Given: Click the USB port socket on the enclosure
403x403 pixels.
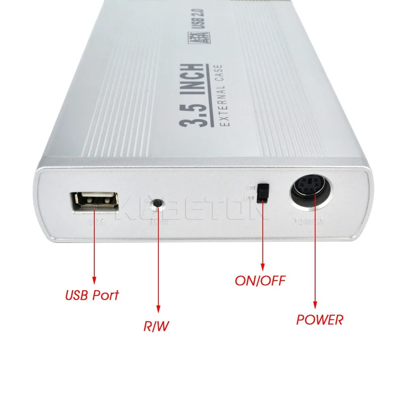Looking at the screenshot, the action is [96, 201].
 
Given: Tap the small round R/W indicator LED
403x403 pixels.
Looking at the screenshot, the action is [158, 204].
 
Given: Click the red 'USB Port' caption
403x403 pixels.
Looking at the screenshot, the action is [92, 295].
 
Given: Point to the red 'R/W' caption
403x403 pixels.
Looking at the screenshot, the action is [156, 326].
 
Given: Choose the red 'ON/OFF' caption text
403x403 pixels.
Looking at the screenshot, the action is [260, 280].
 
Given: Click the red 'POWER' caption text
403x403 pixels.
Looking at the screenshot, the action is [320, 320].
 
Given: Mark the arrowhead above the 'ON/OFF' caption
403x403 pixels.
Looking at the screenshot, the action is [262, 266].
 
